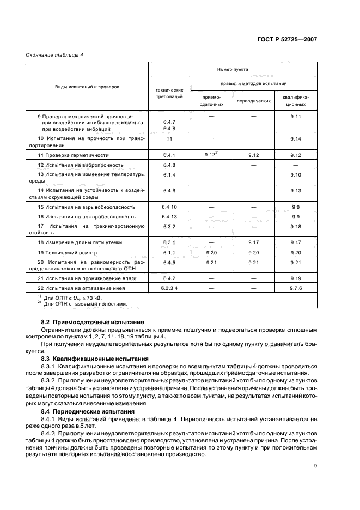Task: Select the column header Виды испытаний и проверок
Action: click(x=87, y=87)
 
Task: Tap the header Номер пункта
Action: click(x=233, y=69)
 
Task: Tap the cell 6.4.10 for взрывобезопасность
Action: click(x=169, y=207)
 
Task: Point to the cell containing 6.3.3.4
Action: click(x=169, y=287)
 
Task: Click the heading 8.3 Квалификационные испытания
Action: click(x=95, y=359)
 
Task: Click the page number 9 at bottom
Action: click(x=315, y=465)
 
